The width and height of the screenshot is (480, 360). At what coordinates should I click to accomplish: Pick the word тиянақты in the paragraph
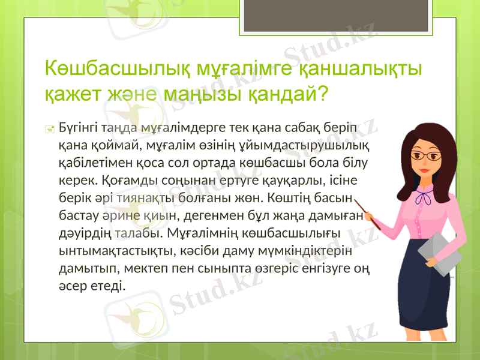pos(146,197)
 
